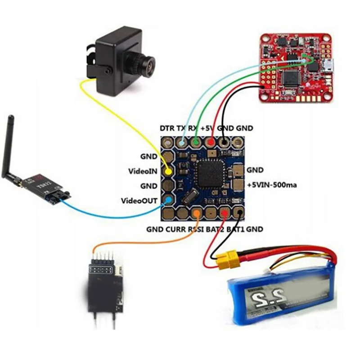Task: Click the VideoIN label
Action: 144,171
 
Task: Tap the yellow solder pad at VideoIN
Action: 168,171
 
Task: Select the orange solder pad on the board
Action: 197,212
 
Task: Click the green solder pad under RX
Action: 196,144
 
